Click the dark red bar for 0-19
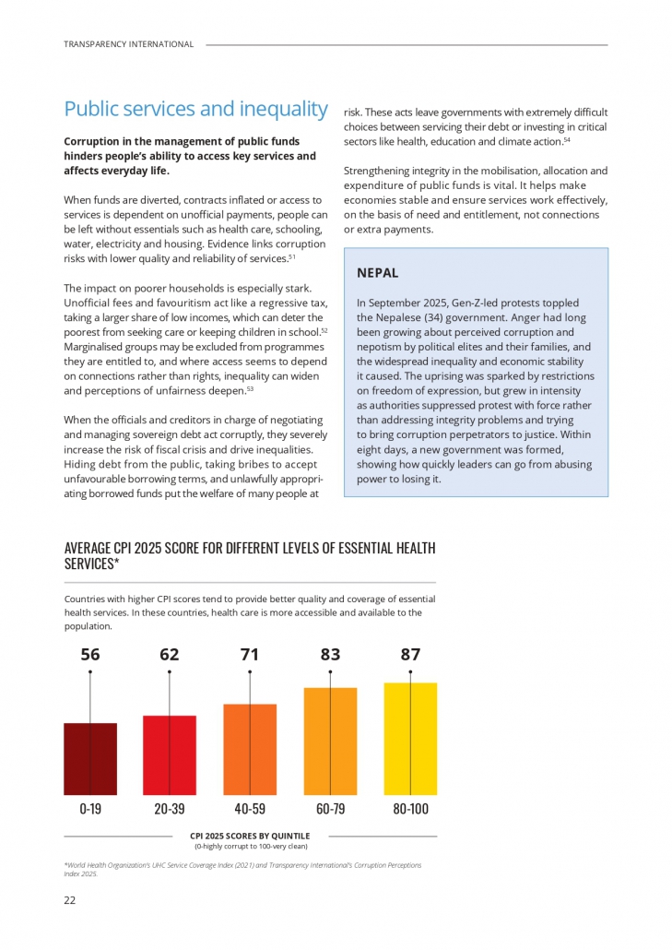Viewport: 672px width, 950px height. point(90,759)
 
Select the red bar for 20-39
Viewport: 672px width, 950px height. point(170,755)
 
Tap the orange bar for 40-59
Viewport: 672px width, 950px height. point(250,750)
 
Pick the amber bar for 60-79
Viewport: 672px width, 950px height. point(330,742)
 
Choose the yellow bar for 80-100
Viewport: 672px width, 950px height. point(410,739)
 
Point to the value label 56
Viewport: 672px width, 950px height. point(90,655)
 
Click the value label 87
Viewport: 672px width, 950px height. point(410,655)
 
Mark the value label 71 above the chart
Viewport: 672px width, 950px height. point(250,655)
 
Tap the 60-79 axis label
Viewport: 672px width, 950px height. point(330,809)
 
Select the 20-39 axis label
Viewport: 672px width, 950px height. point(170,809)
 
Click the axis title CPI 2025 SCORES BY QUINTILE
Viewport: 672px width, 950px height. point(250,836)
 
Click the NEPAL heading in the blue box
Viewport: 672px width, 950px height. point(377,273)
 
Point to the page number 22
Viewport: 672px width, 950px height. point(70,900)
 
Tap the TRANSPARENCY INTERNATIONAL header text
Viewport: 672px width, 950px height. point(129,44)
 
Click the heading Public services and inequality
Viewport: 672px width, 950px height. point(195,109)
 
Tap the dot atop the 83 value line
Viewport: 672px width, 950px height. point(330,672)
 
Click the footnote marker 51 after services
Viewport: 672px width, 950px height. point(291,255)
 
